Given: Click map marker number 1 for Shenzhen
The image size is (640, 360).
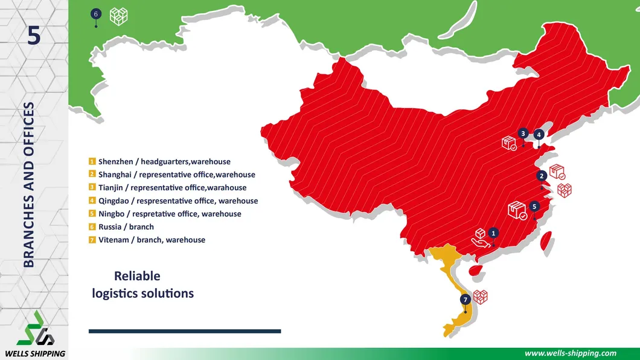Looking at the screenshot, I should pyautogui.click(x=493, y=233).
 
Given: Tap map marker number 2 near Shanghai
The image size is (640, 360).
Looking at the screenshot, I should pyautogui.click(x=542, y=176).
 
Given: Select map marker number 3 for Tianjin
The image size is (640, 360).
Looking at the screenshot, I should pyautogui.click(x=523, y=133).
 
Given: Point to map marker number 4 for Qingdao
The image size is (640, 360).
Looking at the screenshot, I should pyautogui.click(x=539, y=134).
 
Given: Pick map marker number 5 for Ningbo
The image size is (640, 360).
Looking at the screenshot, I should pyautogui.click(x=534, y=206).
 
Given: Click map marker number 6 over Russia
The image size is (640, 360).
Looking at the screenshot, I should pyautogui.click(x=95, y=13).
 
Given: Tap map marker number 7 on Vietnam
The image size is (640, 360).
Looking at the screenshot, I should pyautogui.click(x=465, y=300).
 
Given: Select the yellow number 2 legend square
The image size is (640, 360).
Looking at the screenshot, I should pyautogui.click(x=92, y=175).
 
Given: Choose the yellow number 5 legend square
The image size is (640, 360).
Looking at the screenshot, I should pyautogui.click(x=92, y=214).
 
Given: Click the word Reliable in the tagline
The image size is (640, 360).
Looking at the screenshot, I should pyautogui.click(x=137, y=276).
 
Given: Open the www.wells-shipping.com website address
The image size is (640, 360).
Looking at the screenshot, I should pyautogui.click(x=571, y=353).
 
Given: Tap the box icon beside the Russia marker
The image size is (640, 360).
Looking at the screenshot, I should pyautogui.click(x=118, y=16).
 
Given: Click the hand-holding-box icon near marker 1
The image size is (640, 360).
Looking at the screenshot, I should pyautogui.click(x=479, y=239).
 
